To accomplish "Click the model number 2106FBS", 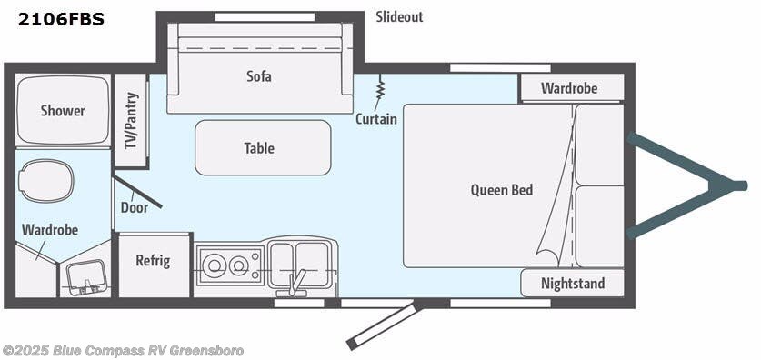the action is click(x=60, y=18).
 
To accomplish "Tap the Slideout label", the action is click(x=399, y=17).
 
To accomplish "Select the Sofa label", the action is click(x=259, y=76).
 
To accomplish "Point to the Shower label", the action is click(x=63, y=111).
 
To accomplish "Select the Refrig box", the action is click(x=153, y=261).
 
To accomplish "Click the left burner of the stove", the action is click(x=216, y=266).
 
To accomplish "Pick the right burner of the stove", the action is click(x=240, y=266).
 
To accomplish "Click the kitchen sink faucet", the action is click(x=295, y=279).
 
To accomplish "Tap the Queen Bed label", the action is click(x=502, y=190).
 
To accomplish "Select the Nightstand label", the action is click(x=572, y=284).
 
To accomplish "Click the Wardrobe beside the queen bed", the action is click(x=569, y=88).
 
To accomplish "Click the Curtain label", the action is click(x=375, y=119).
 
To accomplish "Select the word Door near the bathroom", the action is click(x=134, y=207).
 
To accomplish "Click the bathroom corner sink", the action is click(x=87, y=275).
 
